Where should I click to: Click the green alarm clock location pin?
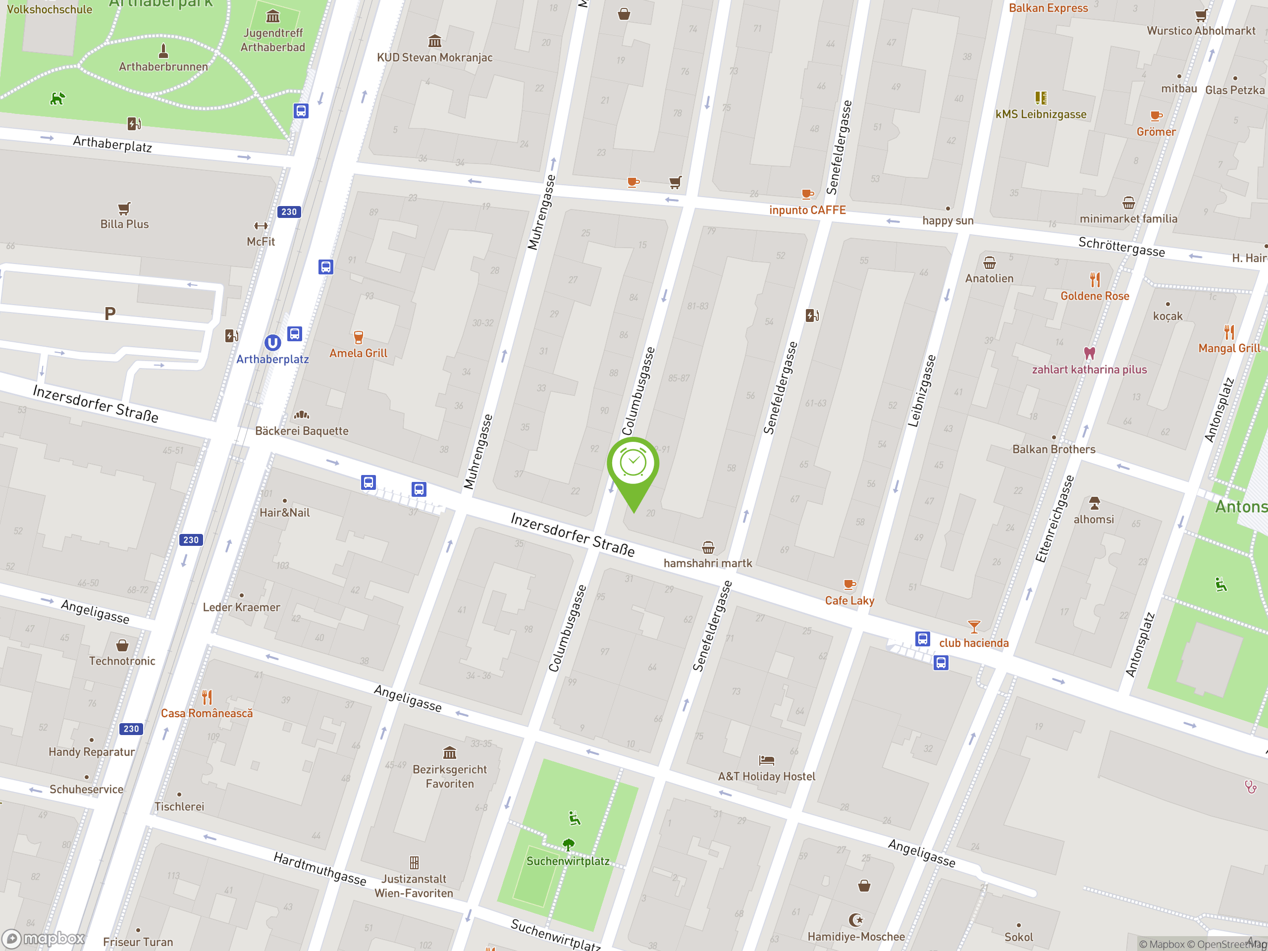pyautogui.click(x=633, y=464)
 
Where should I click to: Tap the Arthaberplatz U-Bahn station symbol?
pyautogui.click(x=272, y=343)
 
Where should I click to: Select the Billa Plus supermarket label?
pyautogui.click(x=124, y=224)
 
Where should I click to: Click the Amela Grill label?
pyautogui.click(x=358, y=353)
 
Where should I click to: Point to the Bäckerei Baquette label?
pyautogui.click(x=302, y=431)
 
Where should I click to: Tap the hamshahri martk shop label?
pyautogui.click(x=707, y=563)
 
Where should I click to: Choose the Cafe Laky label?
pyautogui.click(x=849, y=600)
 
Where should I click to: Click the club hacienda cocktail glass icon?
pyautogui.click(x=973, y=626)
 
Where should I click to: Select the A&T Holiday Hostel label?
pyautogui.click(x=766, y=776)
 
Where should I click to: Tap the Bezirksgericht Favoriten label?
pyautogui.click(x=449, y=776)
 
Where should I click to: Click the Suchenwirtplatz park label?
pyautogui.click(x=568, y=861)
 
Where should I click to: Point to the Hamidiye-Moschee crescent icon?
pyautogui.click(x=856, y=920)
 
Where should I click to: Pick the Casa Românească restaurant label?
pyautogui.click(x=207, y=713)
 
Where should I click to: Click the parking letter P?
pyautogui.click(x=110, y=314)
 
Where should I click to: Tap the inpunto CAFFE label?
pyautogui.click(x=807, y=210)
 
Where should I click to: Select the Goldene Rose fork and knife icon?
pyautogui.click(x=1095, y=280)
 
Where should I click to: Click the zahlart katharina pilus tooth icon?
pyautogui.click(x=1089, y=353)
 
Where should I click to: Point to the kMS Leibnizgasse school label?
pyautogui.click(x=1041, y=114)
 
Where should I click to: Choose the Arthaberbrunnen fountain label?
pyautogui.click(x=163, y=66)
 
